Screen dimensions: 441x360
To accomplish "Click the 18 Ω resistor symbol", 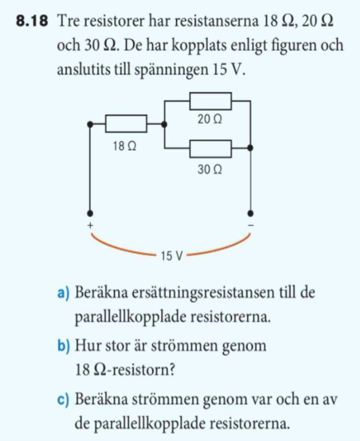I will coord(126,123).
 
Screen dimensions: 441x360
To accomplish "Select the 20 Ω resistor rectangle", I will coord(210,101).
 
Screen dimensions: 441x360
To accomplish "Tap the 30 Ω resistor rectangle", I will coord(210,149).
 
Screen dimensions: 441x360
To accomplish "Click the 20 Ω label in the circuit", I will coord(210,120).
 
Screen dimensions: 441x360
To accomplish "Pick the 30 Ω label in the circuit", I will coord(210,169).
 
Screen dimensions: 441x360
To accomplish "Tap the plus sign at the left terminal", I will coord(90,226).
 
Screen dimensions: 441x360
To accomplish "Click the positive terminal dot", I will coord(90,214).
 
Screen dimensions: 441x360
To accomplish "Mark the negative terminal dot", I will coord(251,214).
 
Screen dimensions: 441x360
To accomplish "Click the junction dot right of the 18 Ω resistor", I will coord(164,123).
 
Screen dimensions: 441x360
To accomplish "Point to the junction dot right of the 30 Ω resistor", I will coord(251,148).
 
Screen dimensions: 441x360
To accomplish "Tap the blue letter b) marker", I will coord(63,346).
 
